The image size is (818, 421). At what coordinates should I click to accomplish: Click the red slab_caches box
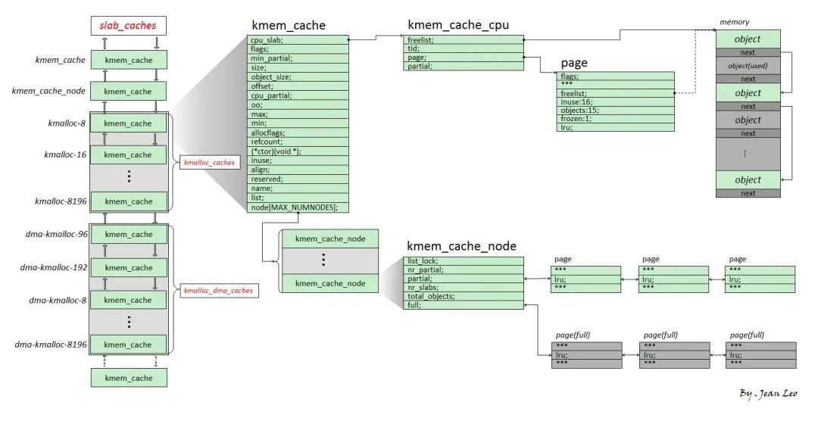click(128, 26)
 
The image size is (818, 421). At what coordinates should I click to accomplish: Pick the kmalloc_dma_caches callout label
click(217, 291)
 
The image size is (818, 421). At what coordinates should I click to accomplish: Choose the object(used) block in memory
click(748, 66)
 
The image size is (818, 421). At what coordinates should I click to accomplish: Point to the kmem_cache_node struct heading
click(461, 246)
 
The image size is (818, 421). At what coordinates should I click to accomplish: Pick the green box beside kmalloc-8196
click(128, 202)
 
